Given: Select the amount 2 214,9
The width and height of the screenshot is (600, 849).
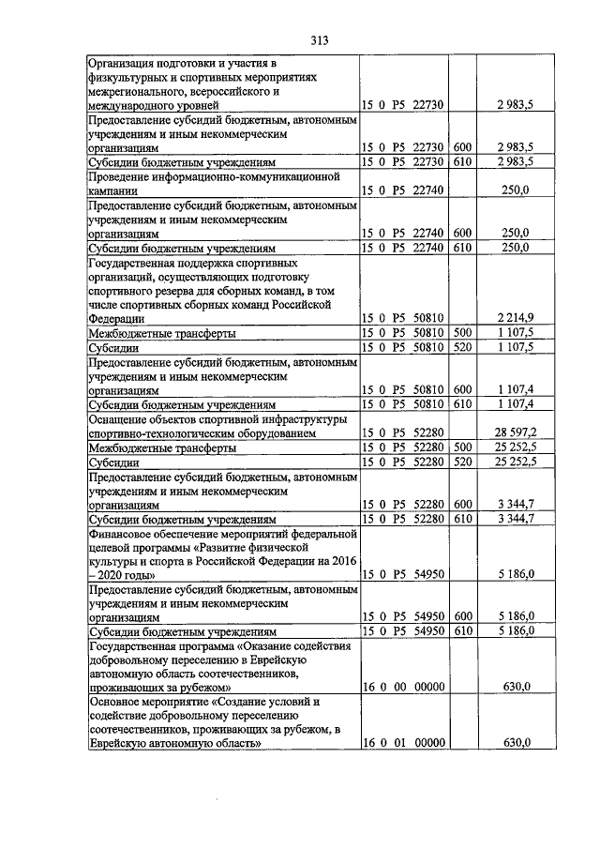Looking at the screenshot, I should (x=515, y=319).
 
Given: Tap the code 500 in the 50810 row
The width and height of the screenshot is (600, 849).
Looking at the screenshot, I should (x=461, y=333).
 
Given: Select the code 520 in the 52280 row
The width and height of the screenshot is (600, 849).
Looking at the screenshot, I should (x=461, y=462).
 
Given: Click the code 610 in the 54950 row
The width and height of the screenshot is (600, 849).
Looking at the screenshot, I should (x=461, y=631).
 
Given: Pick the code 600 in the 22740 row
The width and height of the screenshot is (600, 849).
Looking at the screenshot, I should (x=461, y=233).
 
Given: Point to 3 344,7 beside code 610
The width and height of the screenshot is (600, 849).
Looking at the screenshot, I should (x=515, y=519).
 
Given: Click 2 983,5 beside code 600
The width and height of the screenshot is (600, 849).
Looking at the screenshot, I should (x=515, y=148).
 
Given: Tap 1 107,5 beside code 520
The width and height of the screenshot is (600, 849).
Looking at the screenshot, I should (x=515, y=347).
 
